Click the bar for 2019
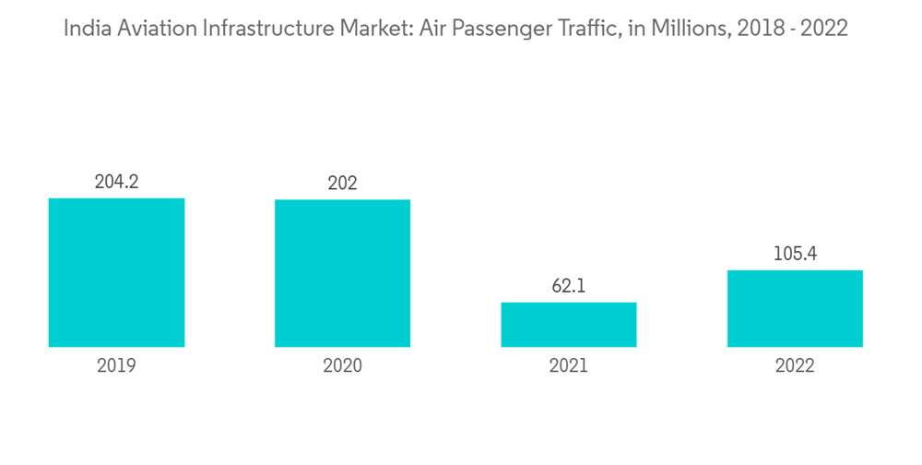coord(116,272)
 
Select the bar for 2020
coord(342,273)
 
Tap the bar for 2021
coord(569,325)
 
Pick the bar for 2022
coord(795,308)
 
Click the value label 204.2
coord(116,182)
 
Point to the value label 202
coord(342,184)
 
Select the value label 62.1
coord(569,286)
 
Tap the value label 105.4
coord(795,254)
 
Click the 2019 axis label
coord(116,366)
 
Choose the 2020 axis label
coord(342,366)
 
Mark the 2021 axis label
coord(569,366)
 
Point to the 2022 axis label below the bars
coord(795,366)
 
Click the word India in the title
coord(83,29)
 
